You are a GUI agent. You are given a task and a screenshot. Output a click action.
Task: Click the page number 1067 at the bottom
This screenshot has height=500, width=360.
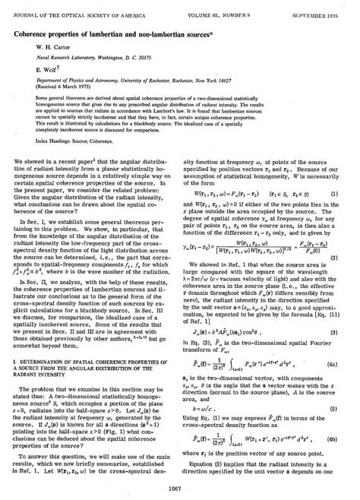[180, 488]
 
